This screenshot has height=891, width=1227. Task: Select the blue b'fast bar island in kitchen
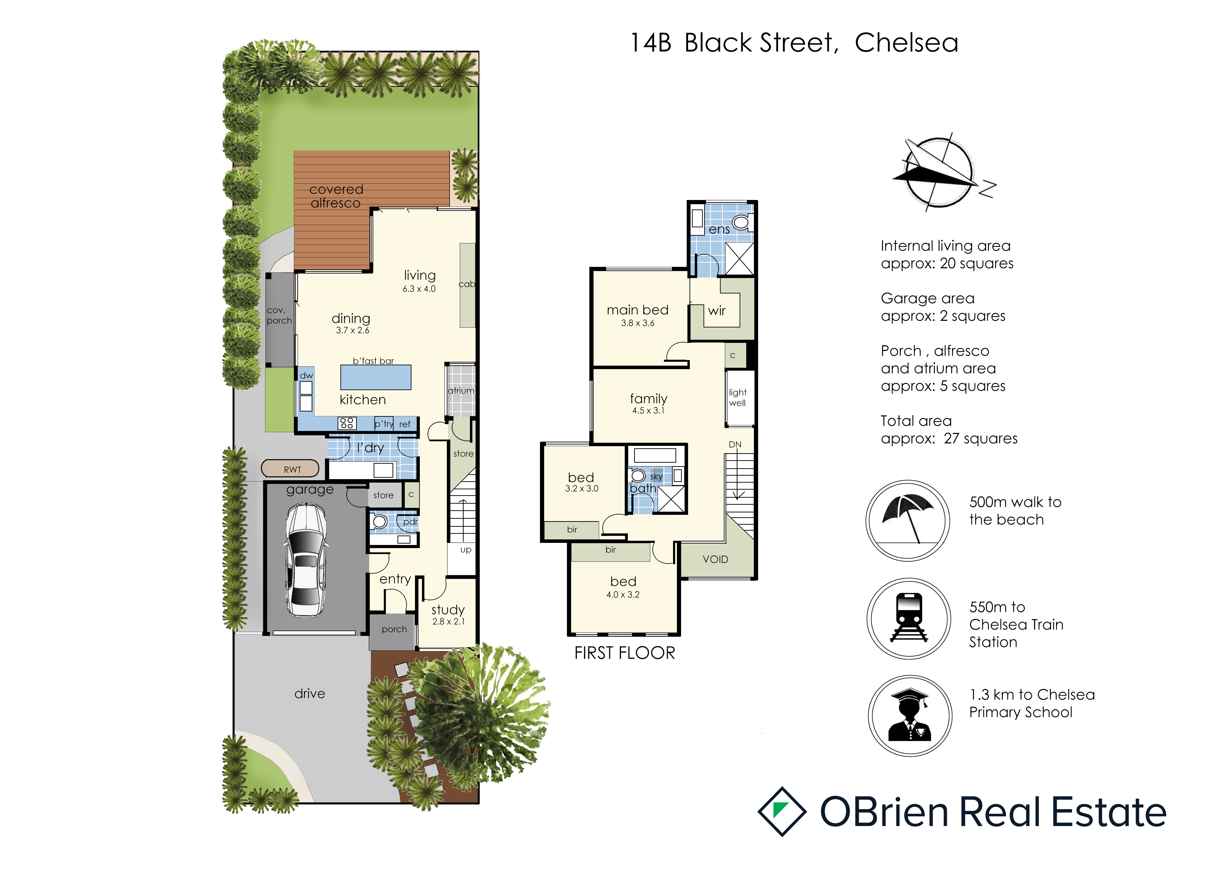pos(375,377)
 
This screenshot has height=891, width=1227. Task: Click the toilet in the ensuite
pos(741,221)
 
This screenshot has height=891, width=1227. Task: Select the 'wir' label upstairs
pos(717,311)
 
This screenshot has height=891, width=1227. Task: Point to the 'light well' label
pos(737,398)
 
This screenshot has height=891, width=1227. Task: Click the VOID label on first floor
pos(715,559)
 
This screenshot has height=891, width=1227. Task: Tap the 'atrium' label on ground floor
pos(461,391)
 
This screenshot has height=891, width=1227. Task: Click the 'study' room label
pos(448,610)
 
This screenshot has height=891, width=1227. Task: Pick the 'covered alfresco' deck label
pos(336,196)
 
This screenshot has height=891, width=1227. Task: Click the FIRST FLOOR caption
pos(625,653)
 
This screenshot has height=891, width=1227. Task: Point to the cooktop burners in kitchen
pos(347,423)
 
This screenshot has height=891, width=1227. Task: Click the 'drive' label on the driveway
pos(310,693)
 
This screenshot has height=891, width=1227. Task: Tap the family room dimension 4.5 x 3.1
pos(648,410)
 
